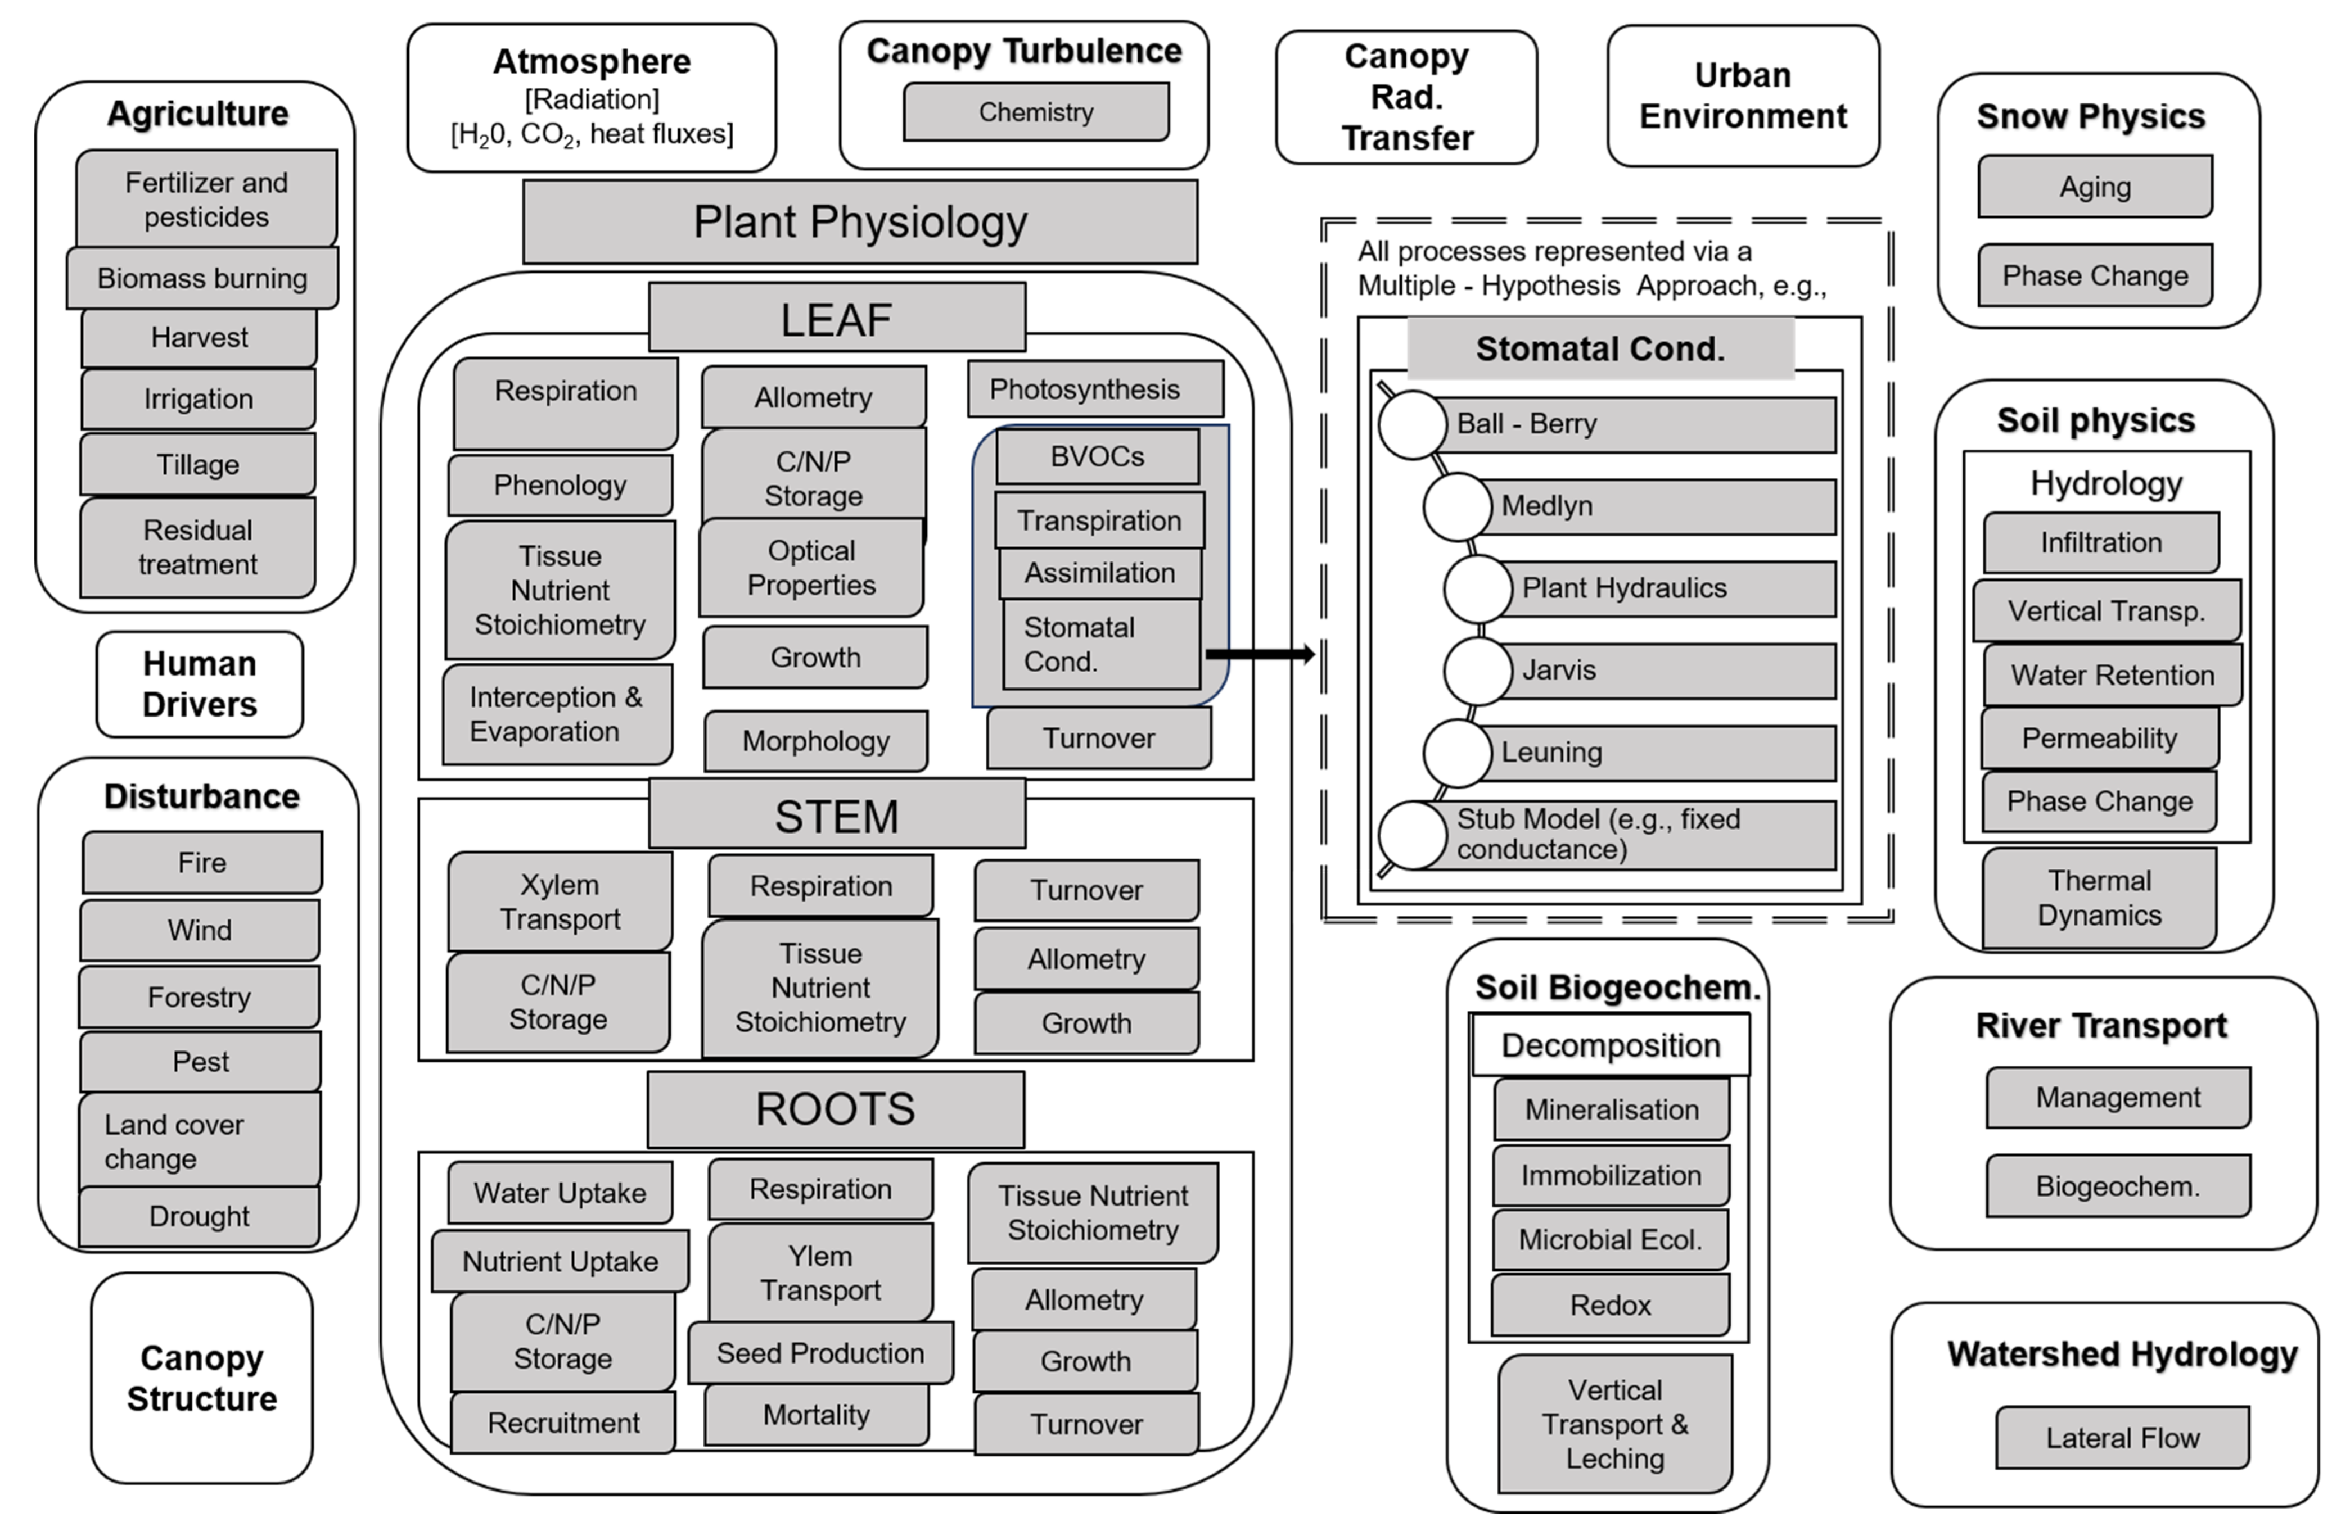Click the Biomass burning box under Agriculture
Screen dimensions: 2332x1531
click(x=203, y=278)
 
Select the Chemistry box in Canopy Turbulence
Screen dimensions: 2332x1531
click(x=1036, y=112)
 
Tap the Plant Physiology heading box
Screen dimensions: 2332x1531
click(x=860, y=221)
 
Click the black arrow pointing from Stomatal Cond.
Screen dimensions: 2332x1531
click(x=1260, y=653)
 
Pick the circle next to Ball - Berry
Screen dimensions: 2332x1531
click(x=1412, y=424)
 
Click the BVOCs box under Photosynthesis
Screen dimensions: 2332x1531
click(x=1098, y=456)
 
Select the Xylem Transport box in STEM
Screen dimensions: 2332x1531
click(x=560, y=901)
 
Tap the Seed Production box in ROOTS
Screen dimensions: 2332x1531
click(x=820, y=1353)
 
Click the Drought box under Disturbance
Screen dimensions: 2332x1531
click(x=199, y=1217)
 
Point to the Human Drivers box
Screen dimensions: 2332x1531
click(x=200, y=683)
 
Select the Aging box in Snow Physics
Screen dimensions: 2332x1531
click(x=2095, y=186)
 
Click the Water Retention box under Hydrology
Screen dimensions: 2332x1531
click(x=2113, y=675)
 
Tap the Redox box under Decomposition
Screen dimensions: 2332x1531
click(x=1611, y=1304)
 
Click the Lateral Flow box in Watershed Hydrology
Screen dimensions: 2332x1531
click(x=2122, y=1438)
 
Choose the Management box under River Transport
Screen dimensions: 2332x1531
click(x=2118, y=1097)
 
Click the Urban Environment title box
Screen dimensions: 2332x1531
click(x=1743, y=96)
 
